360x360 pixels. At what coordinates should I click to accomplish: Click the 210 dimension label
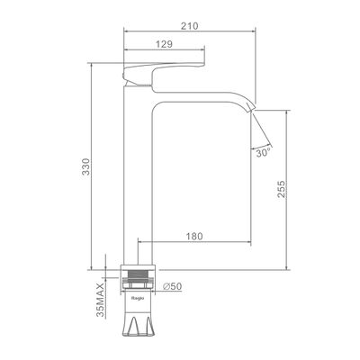click(x=189, y=26)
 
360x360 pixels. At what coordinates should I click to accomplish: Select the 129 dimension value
click(x=164, y=44)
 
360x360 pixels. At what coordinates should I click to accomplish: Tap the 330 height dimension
click(x=85, y=166)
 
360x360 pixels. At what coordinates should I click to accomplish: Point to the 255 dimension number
click(x=282, y=189)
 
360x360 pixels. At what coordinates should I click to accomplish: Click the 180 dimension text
click(x=193, y=237)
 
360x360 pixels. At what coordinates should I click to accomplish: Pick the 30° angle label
click(x=264, y=153)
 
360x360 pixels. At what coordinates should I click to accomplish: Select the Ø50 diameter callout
click(x=173, y=286)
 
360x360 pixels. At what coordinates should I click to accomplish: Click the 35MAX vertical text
click(x=100, y=300)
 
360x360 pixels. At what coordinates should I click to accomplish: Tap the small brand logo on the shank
click(x=138, y=298)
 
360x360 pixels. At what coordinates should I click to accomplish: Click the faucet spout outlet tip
click(x=251, y=109)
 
